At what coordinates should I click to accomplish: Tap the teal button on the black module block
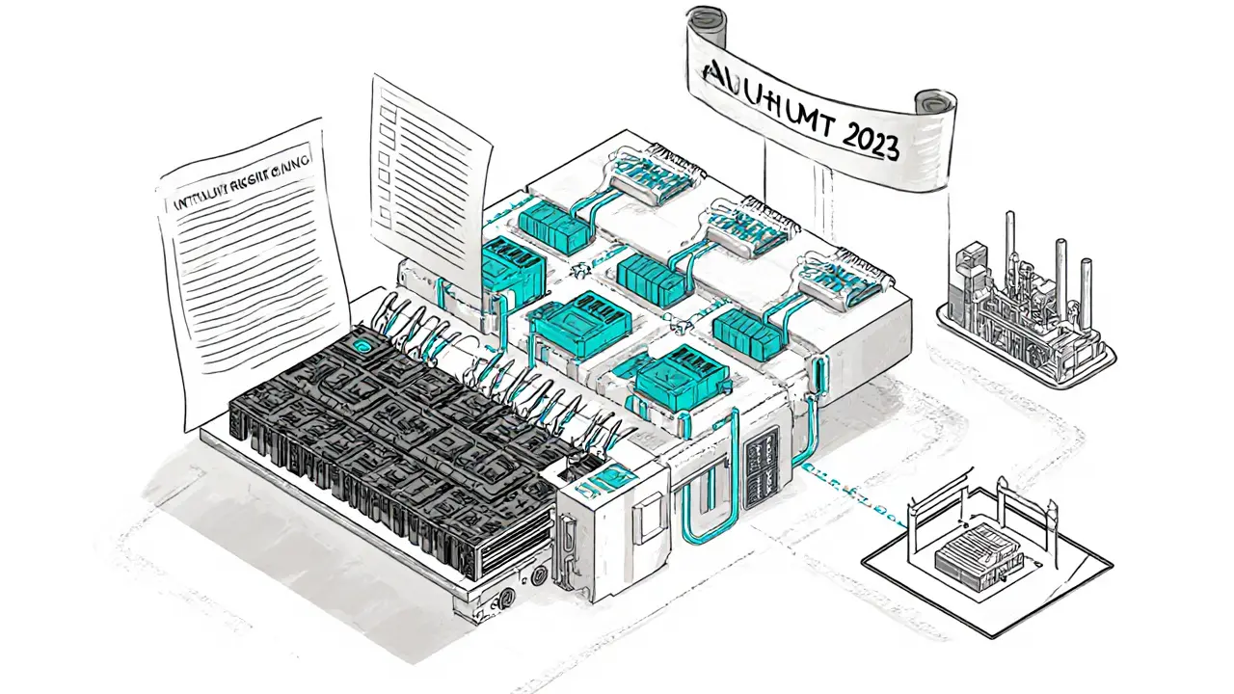(362, 344)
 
